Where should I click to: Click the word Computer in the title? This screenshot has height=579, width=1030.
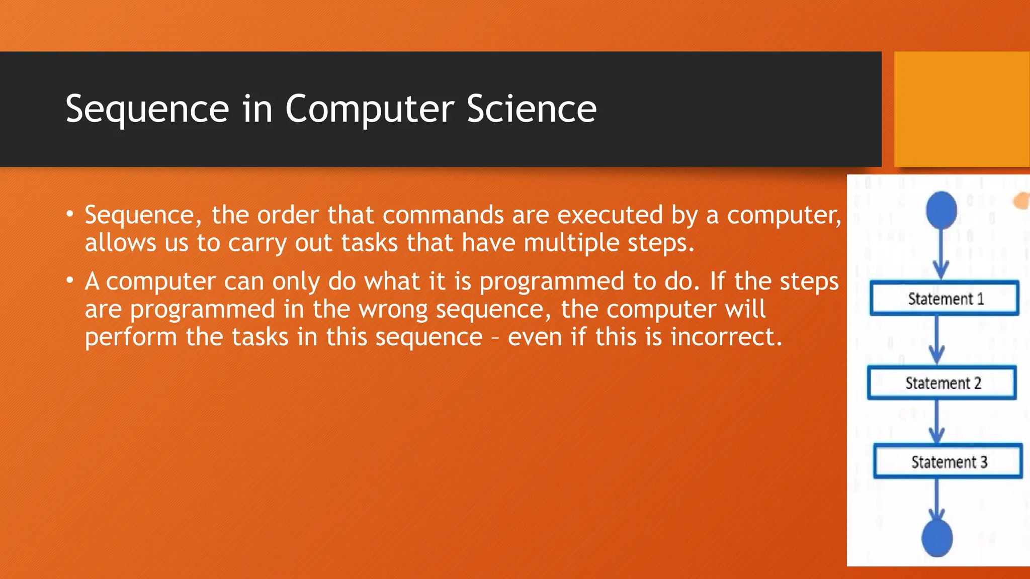(x=370, y=109)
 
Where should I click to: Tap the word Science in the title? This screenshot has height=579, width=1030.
(x=532, y=109)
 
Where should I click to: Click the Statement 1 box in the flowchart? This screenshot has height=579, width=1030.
(x=944, y=299)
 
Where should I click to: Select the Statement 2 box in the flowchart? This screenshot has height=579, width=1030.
(x=942, y=383)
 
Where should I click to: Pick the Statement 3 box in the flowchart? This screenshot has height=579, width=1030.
(x=948, y=461)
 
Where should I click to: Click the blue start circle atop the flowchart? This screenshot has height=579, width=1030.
(x=941, y=210)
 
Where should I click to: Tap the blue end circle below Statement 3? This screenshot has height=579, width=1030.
(x=937, y=538)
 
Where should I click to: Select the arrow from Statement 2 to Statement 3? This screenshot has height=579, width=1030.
(x=936, y=421)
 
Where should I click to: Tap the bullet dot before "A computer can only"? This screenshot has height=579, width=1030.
(x=70, y=280)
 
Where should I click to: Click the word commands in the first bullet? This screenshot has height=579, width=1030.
(x=443, y=215)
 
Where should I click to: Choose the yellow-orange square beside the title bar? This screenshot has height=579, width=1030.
(x=962, y=109)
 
